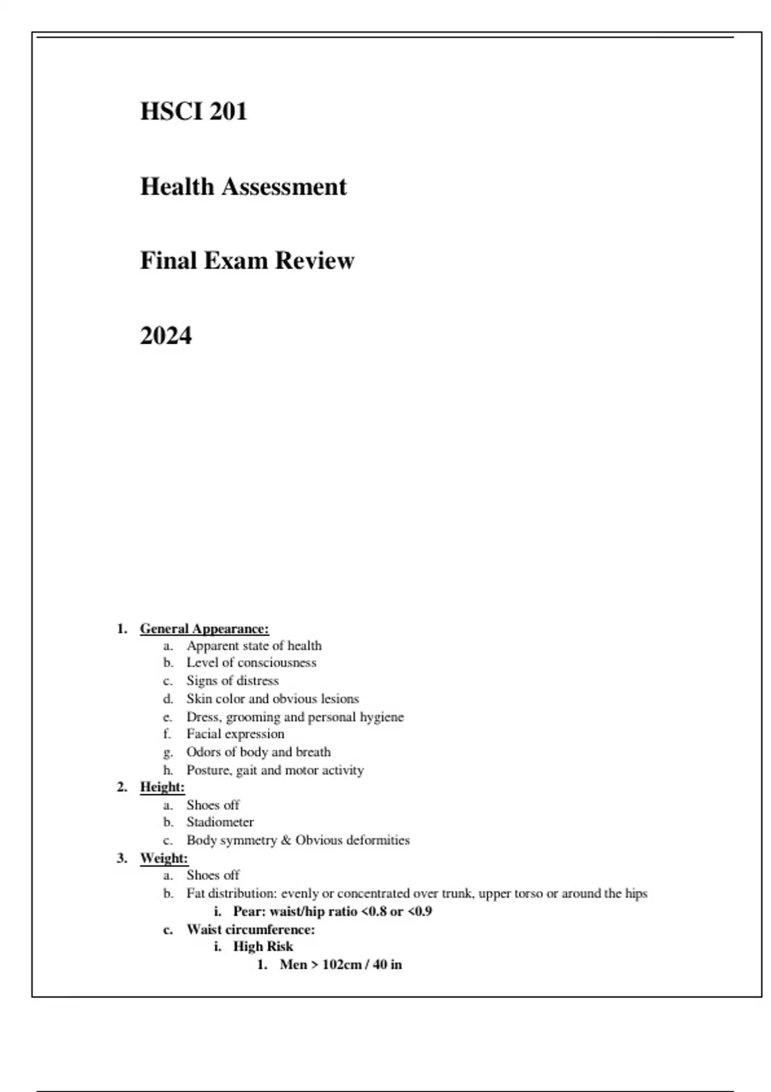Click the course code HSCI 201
[x=193, y=112]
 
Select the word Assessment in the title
[x=284, y=187]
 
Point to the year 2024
[x=166, y=336]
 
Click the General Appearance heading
[x=204, y=629]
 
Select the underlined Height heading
[x=162, y=787]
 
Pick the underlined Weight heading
[x=164, y=858]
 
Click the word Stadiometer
[x=220, y=822]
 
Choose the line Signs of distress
[x=233, y=680]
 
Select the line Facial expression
[x=235, y=734]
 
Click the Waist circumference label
[x=251, y=929]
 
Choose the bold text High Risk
[x=263, y=947]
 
